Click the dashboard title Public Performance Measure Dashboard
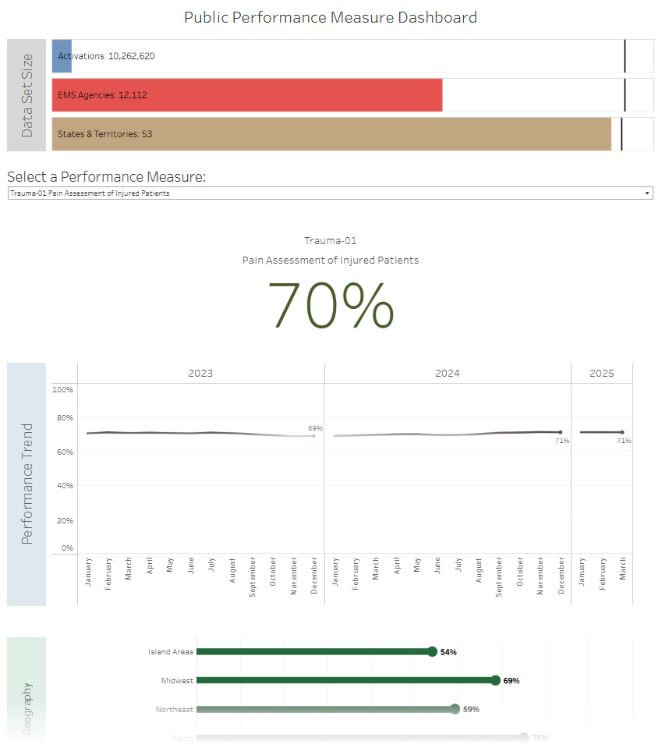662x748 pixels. (x=331, y=17)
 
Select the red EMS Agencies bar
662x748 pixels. (x=247, y=95)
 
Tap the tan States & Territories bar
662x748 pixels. (x=331, y=134)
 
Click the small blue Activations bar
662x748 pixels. (x=62, y=56)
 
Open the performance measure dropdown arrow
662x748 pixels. (x=647, y=193)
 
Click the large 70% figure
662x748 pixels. (x=331, y=305)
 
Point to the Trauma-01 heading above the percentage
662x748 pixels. (x=331, y=241)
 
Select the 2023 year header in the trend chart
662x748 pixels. (x=200, y=374)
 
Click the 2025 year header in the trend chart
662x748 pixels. (x=601, y=374)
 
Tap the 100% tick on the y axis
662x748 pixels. (x=63, y=389)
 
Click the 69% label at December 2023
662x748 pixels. (x=315, y=428)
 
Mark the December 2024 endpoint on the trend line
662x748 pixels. (x=560, y=432)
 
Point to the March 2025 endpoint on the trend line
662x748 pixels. (x=621, y=432)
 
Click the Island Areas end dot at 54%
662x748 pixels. (x=432, y=651)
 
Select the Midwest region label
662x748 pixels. (x=178, y=681)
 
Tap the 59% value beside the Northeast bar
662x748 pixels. (x=471, y=710)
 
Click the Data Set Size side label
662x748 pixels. (x=27, y=95)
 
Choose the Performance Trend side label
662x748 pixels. (x=27, y=484)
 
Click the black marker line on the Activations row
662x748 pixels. (x=625, y=56)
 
